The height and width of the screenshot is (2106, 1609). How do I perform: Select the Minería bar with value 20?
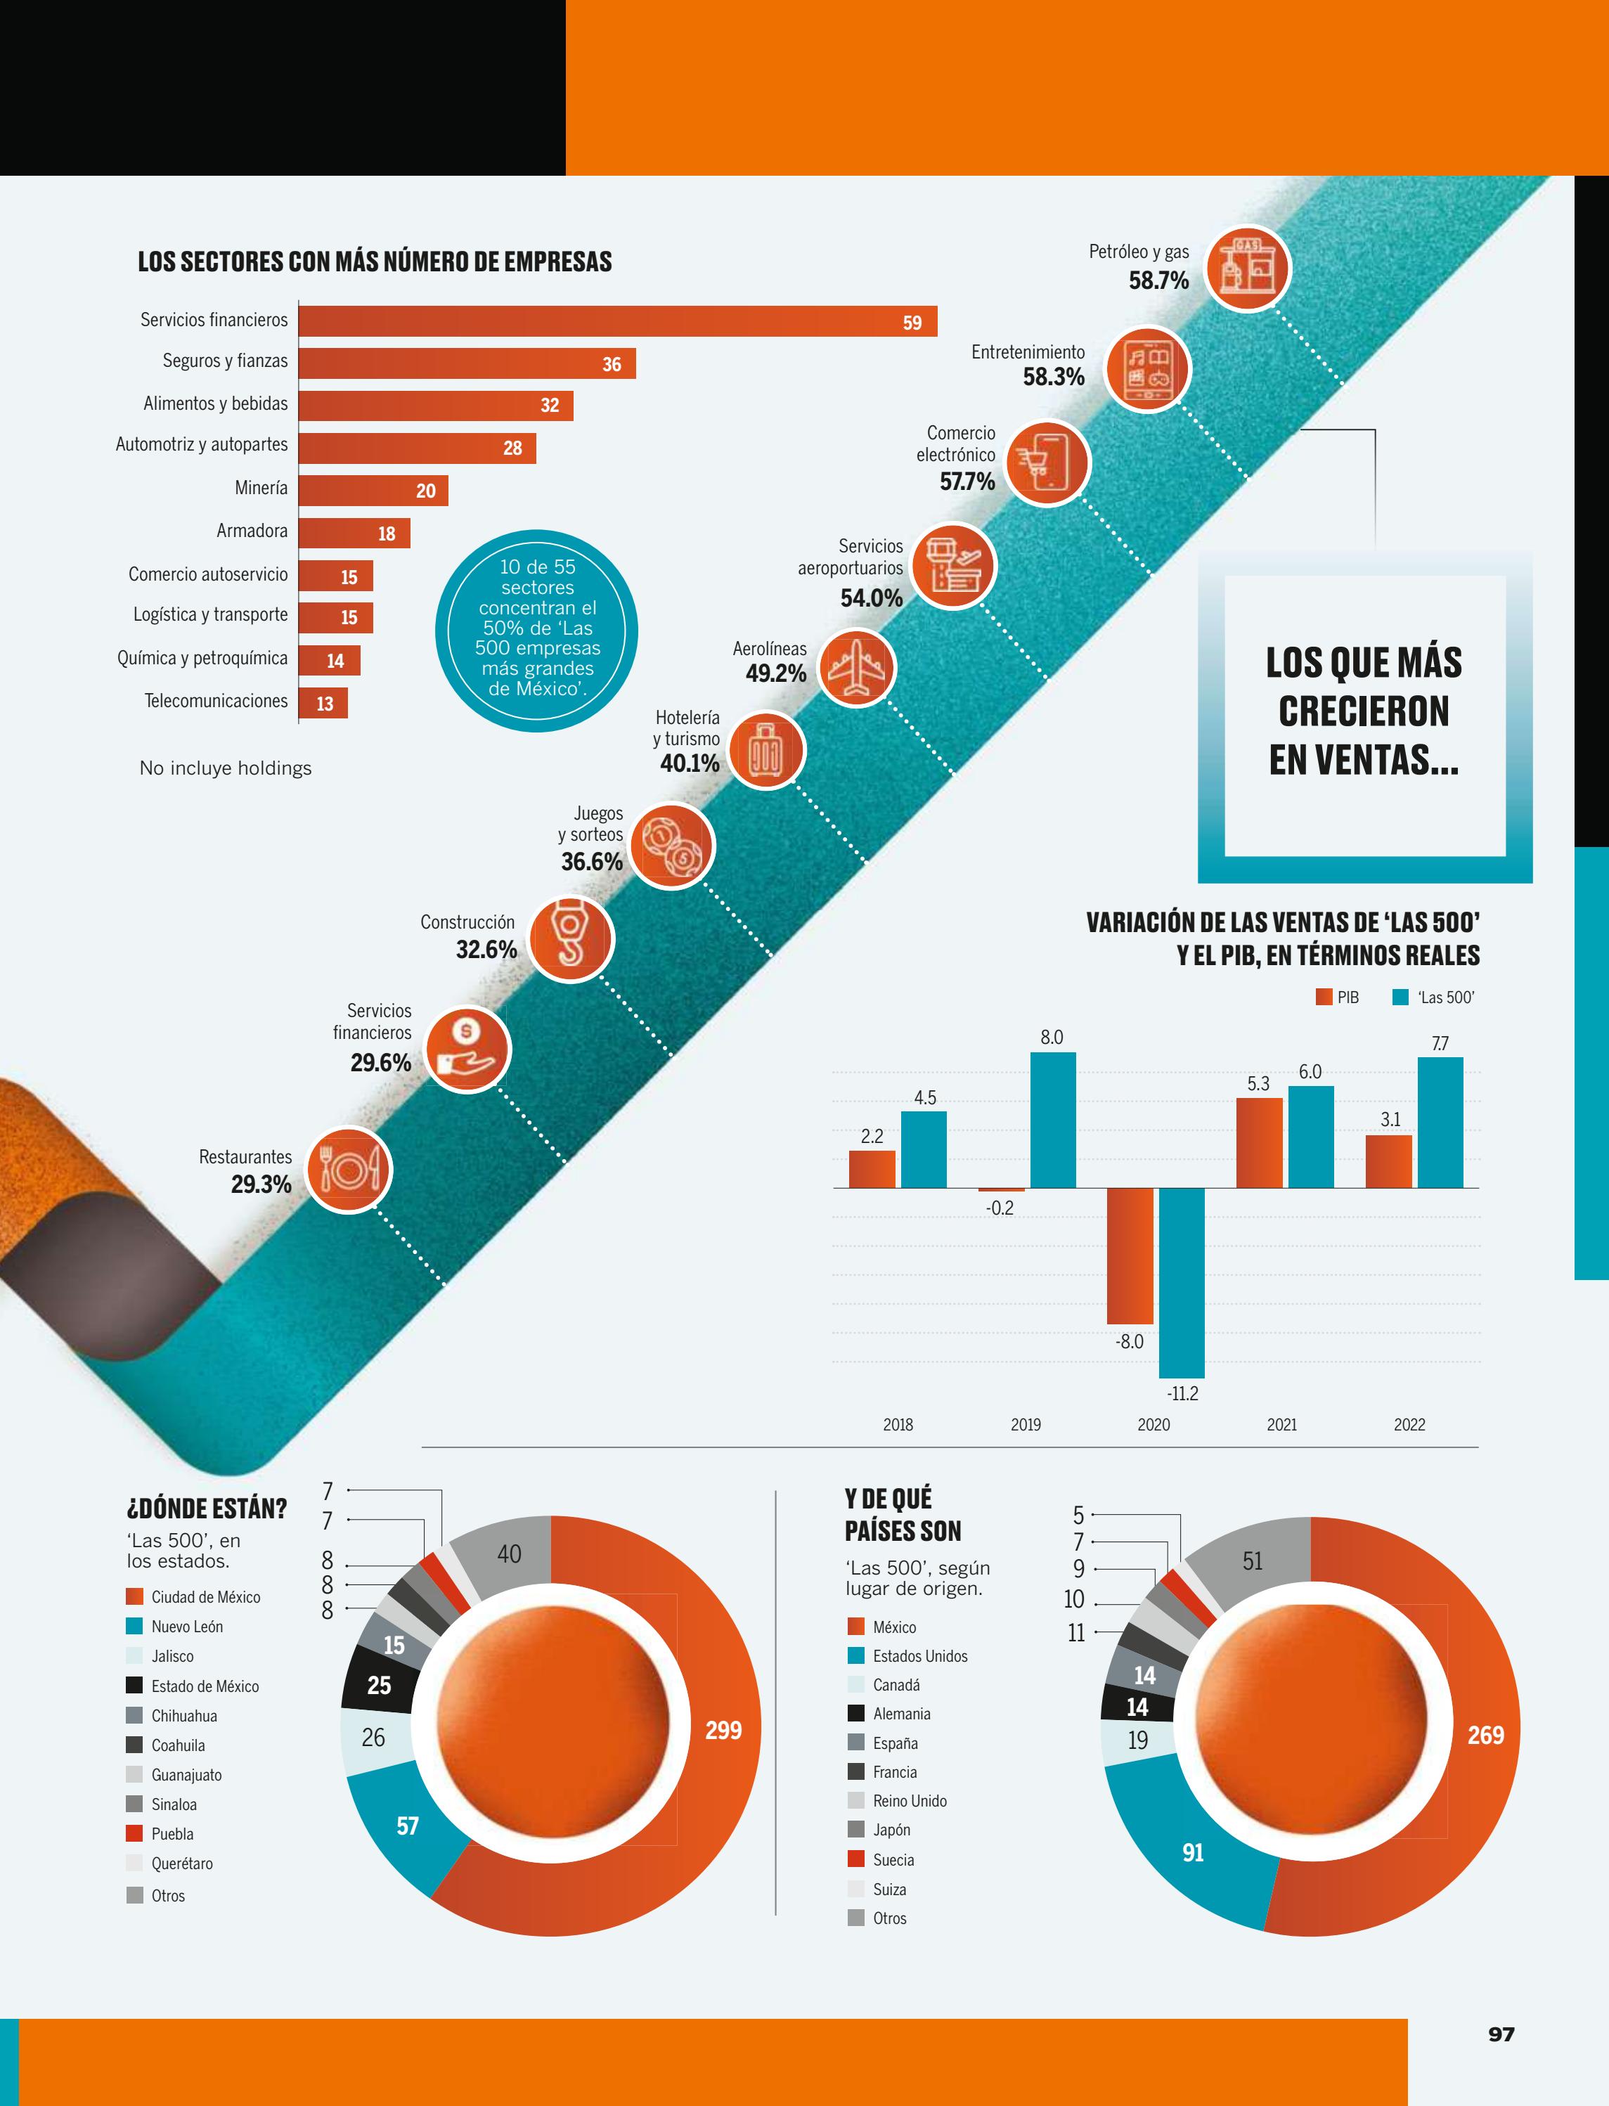pyautogui.click(x=373, y=491)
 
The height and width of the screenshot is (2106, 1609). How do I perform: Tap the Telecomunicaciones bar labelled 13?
pyautogui.click(x=323, y=703)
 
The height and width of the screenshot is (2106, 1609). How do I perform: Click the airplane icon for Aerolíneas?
pyautogui.click(x=856, y=668)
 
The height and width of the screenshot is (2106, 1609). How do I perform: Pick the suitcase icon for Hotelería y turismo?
pyautogui.click(x=766, y=750)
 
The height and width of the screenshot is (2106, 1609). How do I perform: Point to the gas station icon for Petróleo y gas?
pyautogui.click(x=1247, y=268)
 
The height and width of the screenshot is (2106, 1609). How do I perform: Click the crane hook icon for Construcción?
pyautogui.click(x=571, y=938)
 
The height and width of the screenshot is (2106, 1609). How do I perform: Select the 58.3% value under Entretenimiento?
pyautogui.click(x=1054, y=376)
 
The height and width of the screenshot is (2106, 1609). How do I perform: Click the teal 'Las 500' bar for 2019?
pyautogui.click(x=1052, y=1120)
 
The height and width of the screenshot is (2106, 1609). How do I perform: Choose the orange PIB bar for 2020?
pyautogui.click(x=1130, y=1255)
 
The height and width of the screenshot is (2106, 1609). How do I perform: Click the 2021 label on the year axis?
pyautogui.click(x=1281, y=1424)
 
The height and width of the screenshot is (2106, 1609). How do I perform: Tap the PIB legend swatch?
pyautogui.click(x=1324, y=997)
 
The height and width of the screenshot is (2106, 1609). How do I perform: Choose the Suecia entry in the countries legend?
pyautogui.click(x=881, y=1859)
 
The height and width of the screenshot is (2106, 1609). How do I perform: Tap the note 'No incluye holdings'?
pyautogui.click(x=226, y=768)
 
